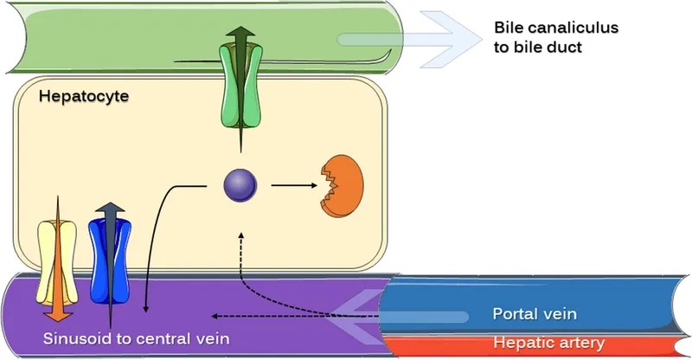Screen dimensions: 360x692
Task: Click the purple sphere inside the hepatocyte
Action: click(x=240, y=185)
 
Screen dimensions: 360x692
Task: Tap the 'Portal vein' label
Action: click(x=534, y=313)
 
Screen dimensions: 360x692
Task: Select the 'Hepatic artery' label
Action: click(x=548, y=343)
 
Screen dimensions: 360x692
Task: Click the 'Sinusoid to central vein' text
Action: click(x=137, y=337)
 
